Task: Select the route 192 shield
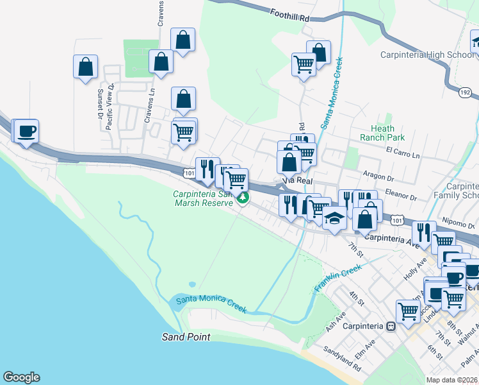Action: [x=465, y=93]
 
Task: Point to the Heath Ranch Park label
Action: [x=387, y=133]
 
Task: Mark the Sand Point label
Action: [x=185, y=337]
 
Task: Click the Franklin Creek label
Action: [x=334, y=280]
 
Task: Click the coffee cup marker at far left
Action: [x=26, y=132]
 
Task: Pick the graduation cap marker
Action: [x=334, y=218]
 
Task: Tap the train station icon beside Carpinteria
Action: [x=389, y=325]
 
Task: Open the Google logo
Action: [x=21, y=377]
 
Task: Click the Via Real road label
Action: [x=296, y=182]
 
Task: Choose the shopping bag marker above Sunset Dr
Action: [x=85, y=67]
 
